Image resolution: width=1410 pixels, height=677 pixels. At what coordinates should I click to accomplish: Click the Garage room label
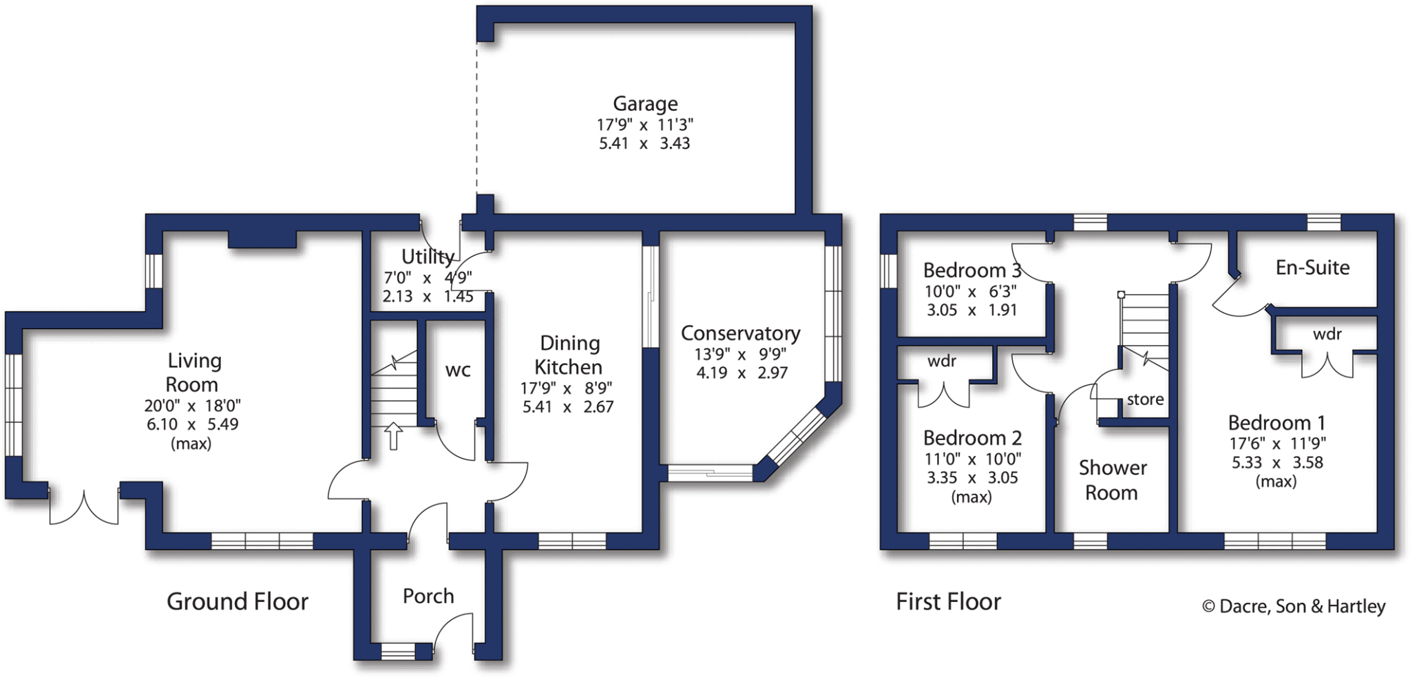[645, 104]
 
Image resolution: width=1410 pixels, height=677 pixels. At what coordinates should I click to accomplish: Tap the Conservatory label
[740, 333]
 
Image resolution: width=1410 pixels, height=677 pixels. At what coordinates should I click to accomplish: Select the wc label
[458, 371]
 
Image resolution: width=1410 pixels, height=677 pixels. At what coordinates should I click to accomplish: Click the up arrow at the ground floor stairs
[393, 436]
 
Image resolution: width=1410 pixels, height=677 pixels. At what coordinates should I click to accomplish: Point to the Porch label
[428, 596]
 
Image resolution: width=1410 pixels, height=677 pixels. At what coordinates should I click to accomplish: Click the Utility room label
[428, 257]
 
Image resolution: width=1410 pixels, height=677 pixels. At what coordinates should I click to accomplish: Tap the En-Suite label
[1312, 267]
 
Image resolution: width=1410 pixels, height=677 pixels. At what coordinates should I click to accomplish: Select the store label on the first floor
[1145, 399]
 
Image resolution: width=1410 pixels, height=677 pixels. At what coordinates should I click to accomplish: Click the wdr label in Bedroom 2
[941, 362]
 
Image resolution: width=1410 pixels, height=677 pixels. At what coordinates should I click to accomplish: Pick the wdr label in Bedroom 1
[1327, 335]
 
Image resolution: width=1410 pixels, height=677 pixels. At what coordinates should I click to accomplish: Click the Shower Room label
[1112, 480]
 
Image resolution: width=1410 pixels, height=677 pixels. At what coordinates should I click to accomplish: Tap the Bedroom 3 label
[971, 270]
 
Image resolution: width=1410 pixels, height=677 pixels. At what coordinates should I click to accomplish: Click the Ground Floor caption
[238, 602]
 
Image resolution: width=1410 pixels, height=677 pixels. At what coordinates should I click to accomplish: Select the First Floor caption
[948, 602]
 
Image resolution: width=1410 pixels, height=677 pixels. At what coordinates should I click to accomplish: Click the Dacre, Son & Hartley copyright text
[1294, 606]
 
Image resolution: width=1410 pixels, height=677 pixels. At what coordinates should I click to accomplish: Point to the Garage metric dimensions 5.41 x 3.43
[644, 143]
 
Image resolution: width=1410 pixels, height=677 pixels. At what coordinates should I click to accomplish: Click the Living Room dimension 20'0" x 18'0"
[192, 406]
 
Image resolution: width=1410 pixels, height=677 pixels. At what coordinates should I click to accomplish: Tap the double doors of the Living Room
[84, 508]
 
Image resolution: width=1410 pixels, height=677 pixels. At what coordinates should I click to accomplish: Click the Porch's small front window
[398, 651]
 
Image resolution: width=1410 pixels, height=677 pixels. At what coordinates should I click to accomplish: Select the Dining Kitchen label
[569, 355]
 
